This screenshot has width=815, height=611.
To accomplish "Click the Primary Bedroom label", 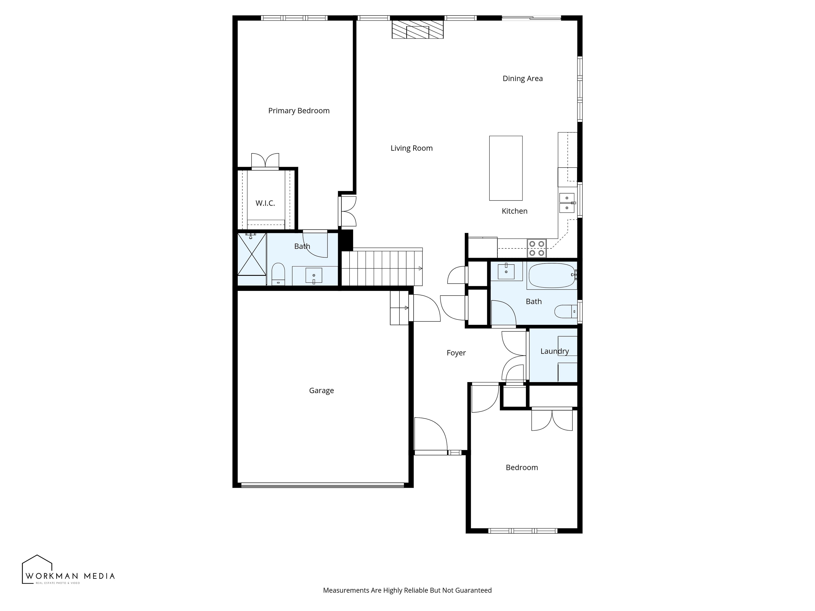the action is click(299, 111).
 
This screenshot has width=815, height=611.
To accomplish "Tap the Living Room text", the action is click(412, 148).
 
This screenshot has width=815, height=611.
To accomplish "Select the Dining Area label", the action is click(523, 78).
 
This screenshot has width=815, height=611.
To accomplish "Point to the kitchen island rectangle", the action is click(506, 168).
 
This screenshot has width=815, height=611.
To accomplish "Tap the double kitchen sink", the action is click(567, 203).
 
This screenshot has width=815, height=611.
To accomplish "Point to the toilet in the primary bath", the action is click(278, 274).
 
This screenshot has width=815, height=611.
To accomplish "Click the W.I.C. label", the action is click(265, 203).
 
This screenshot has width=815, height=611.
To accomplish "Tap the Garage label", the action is click(321, 390).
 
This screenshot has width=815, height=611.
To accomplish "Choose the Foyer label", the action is click(456, 353).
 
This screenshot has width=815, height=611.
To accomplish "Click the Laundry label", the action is click(555, 351).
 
